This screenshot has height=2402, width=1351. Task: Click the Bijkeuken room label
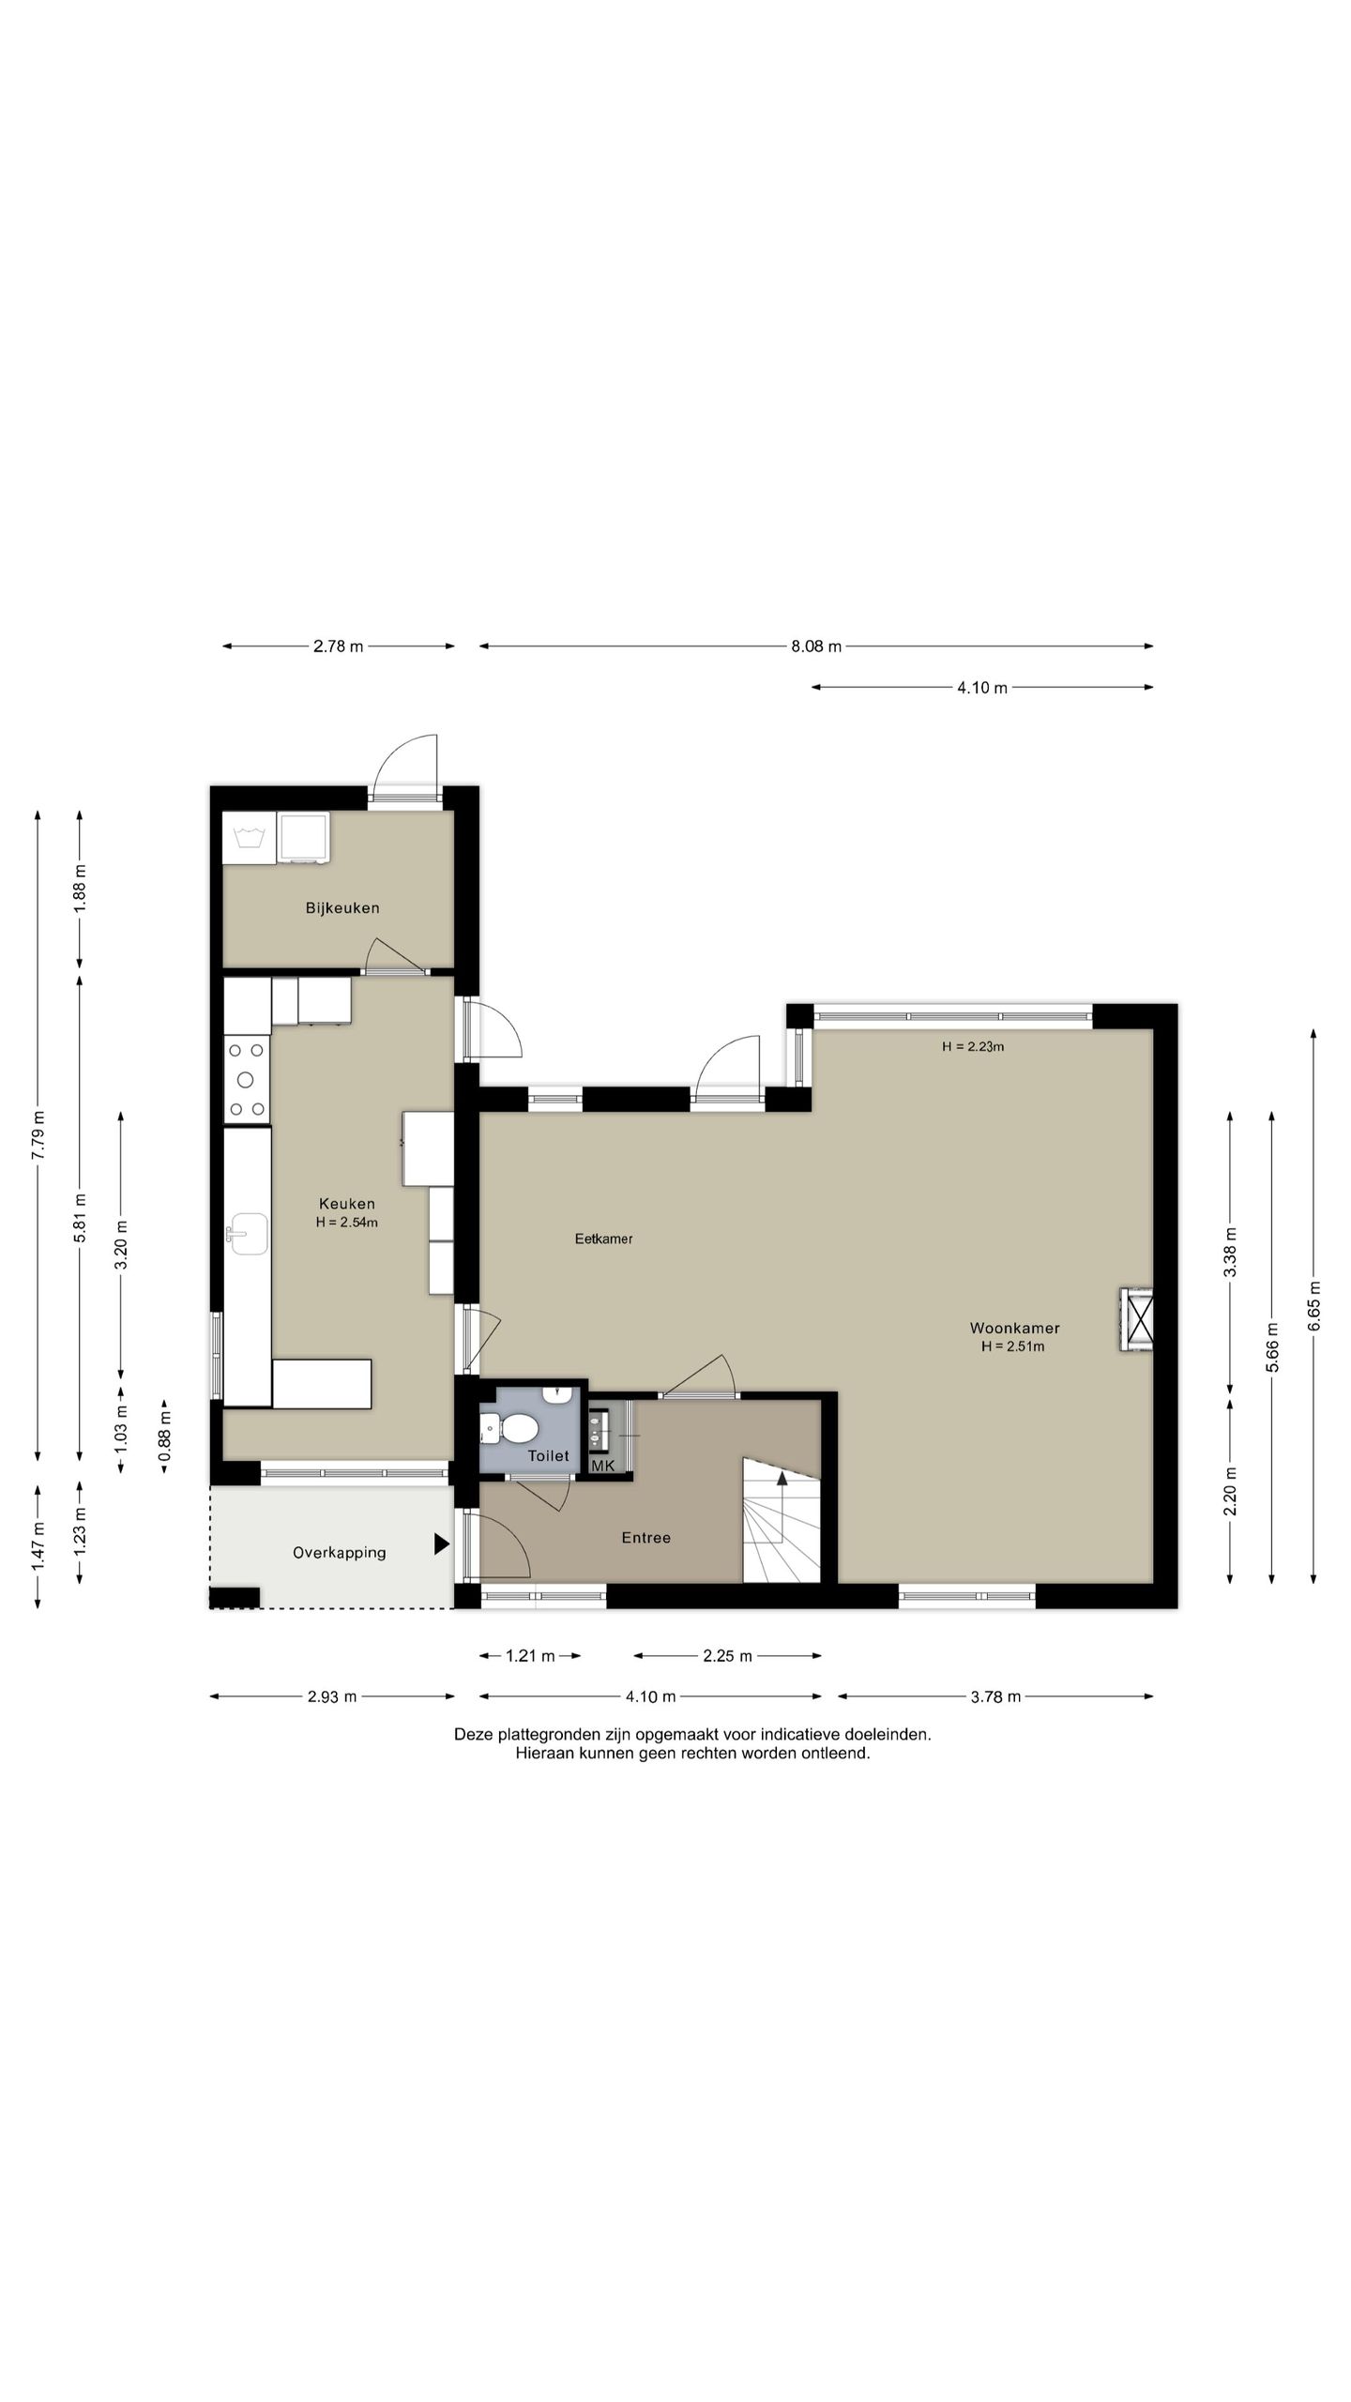click(x=342, y=908)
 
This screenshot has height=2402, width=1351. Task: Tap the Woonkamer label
click(x=1014, y=1328)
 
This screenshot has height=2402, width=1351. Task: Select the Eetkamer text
click(x=603, y=1239)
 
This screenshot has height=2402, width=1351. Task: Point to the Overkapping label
click(x=339, y=1553)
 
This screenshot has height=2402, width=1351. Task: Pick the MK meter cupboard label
click(x=602, y=1465)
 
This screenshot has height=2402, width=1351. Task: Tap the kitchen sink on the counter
click(x=248, y=1233)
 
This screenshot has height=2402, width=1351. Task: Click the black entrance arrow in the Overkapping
click(x=441, y=1543)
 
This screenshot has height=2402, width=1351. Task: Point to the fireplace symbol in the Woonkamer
click(x=1136, y=1320)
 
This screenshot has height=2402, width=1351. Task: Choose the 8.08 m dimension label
click(x=816, y=646)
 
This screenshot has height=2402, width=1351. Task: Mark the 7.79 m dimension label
click(x=38, y=1136)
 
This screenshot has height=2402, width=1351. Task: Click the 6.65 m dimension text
click(x=1313, y=1305)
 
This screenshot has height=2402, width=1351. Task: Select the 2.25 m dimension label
click(x=728, y=1656)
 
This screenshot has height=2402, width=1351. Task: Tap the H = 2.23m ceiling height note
click(x=973, y=1046)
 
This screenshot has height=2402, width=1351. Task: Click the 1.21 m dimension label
click(x=530, y=1656)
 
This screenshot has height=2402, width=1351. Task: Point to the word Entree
click(x=646, y=1538)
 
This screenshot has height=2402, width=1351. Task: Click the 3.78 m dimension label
click(x=996, y=1696)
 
